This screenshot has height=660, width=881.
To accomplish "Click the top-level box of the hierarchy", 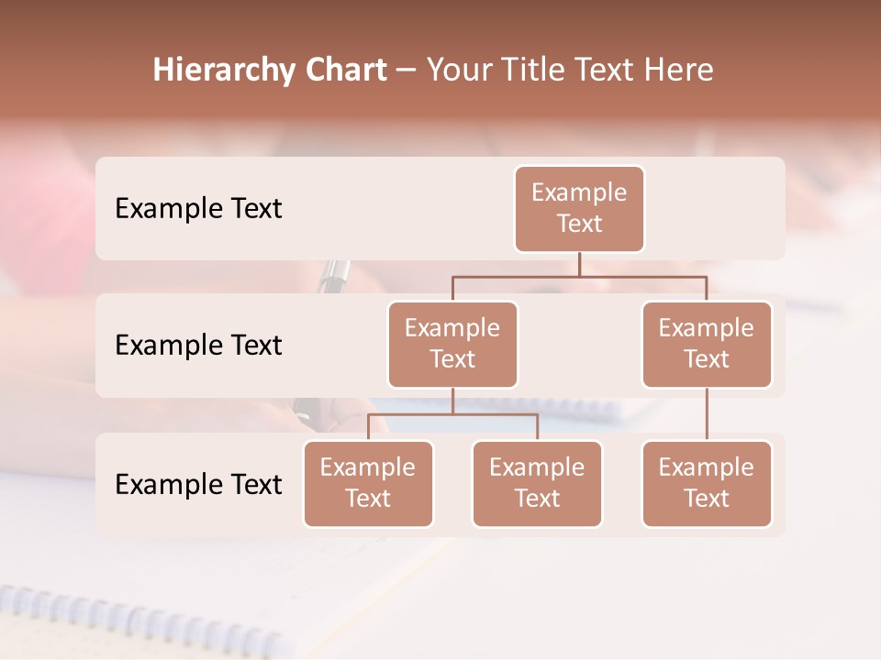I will point(579,208).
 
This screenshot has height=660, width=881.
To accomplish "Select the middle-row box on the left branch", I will point(452,344).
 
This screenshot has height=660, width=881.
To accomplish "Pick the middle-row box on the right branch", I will point(707,344).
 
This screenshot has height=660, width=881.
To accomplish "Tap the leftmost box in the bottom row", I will point(368,483).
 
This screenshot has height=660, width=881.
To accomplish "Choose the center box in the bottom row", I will point(537,483).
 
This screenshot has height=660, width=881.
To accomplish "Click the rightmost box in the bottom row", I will point(707,483).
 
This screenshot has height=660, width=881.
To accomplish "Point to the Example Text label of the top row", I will point(198,209).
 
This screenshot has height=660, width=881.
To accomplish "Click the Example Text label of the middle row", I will point(198,346).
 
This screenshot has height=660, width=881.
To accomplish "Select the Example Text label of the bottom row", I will point(198,484).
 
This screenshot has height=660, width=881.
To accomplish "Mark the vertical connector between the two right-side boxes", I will point(707,414).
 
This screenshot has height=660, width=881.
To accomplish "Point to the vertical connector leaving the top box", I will point(579,264).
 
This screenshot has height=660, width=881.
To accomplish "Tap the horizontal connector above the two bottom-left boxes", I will point(452,414).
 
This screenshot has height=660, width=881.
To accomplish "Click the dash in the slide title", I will point(406,71).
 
